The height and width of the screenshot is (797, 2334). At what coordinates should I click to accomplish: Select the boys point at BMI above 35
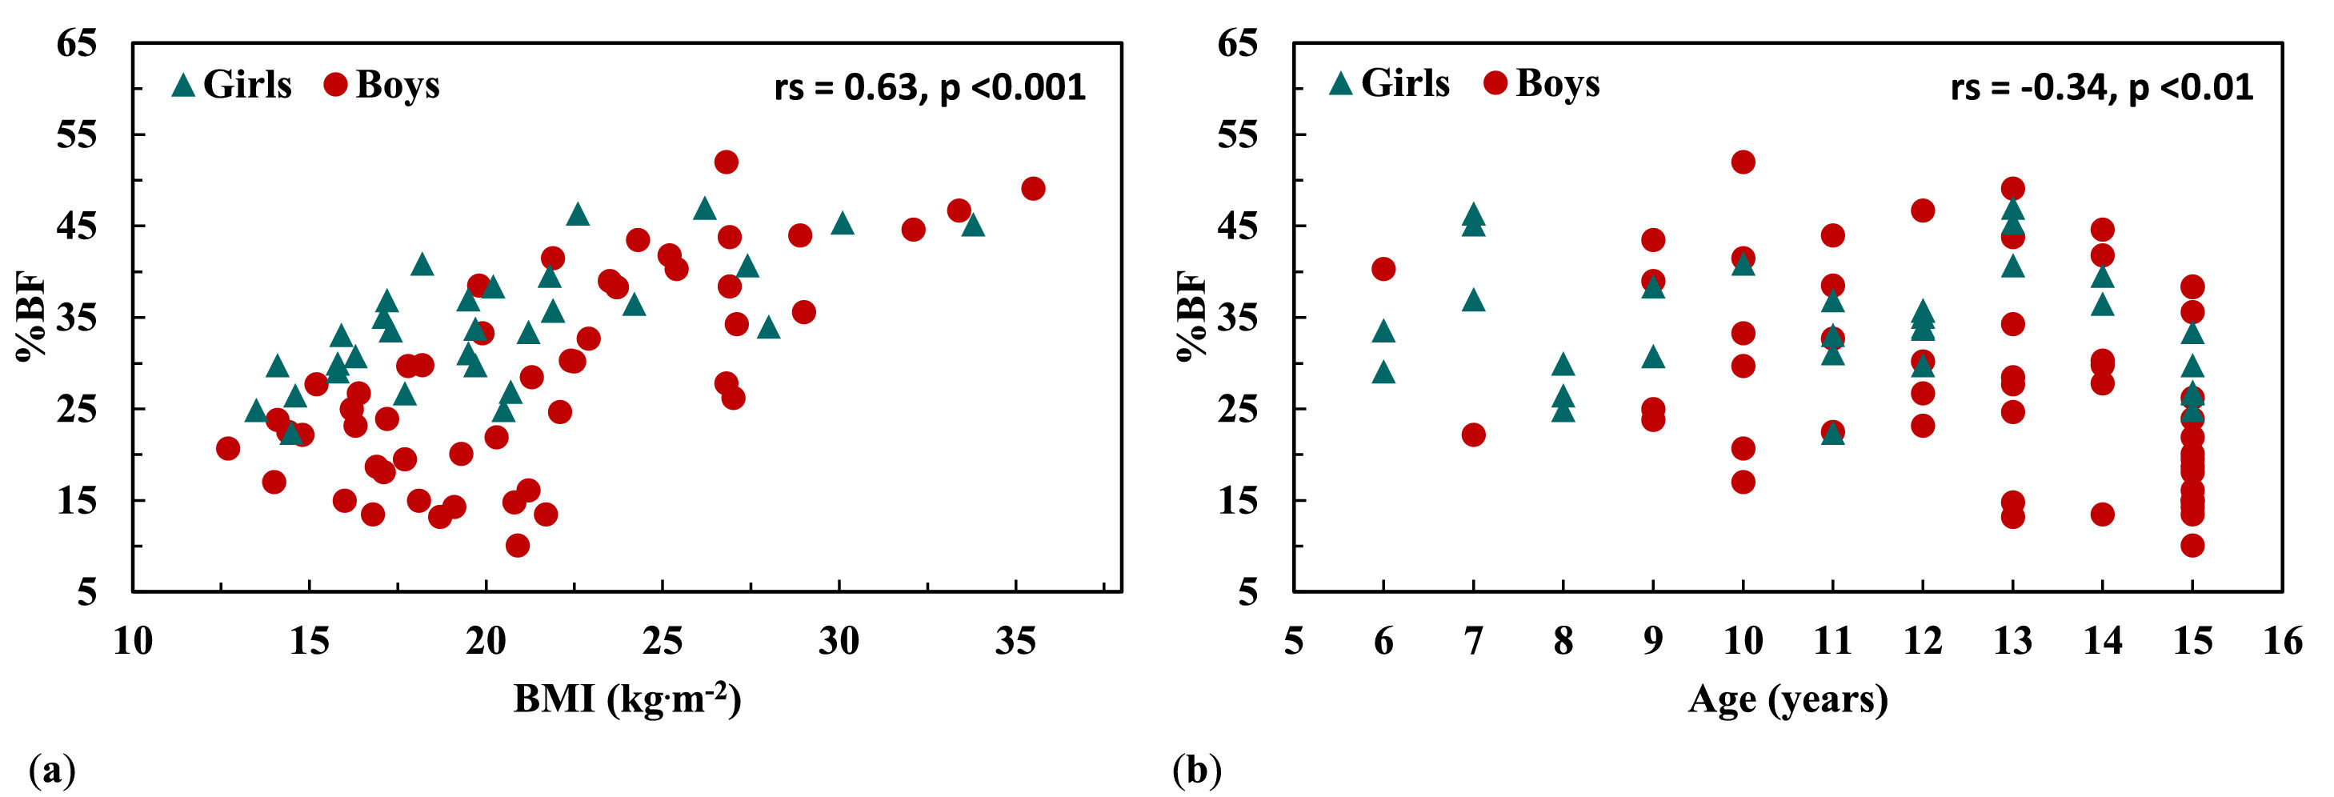tap(1033, 188)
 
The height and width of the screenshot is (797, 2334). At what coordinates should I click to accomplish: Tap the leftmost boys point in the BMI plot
tap(227, 448)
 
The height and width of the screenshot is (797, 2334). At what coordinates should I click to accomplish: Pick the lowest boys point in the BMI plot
tap(518, 545)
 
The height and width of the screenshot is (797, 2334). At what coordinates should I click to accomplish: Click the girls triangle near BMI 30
tap(843, 222)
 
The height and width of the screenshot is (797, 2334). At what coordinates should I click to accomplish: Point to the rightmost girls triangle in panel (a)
tap(973, 225)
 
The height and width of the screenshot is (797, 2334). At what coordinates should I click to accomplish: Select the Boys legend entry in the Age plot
tap(1542, 83)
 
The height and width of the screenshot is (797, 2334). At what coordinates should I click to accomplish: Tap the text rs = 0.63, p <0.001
tap(930, 88)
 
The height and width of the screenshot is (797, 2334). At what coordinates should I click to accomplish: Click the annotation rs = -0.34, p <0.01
tap(2101, 88)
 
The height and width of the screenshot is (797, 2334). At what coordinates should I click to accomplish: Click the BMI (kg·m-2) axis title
tap(627, 699)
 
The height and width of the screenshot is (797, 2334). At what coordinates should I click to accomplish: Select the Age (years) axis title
tap(1787, 699)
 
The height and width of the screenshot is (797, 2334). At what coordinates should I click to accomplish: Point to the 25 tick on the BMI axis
tap(663, 641)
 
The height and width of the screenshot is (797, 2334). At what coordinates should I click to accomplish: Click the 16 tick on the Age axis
tap(2281, 641)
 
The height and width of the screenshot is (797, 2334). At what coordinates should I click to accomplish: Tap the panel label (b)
tap(1196, 771)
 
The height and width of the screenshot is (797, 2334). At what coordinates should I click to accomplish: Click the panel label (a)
tap(53, 771)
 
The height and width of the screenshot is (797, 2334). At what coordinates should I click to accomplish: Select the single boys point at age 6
tap(1383, 269)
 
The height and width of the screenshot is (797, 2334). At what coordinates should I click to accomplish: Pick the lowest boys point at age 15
tap(2192, 545)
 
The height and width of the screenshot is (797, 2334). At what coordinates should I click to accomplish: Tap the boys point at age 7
tap(1473, 435)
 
